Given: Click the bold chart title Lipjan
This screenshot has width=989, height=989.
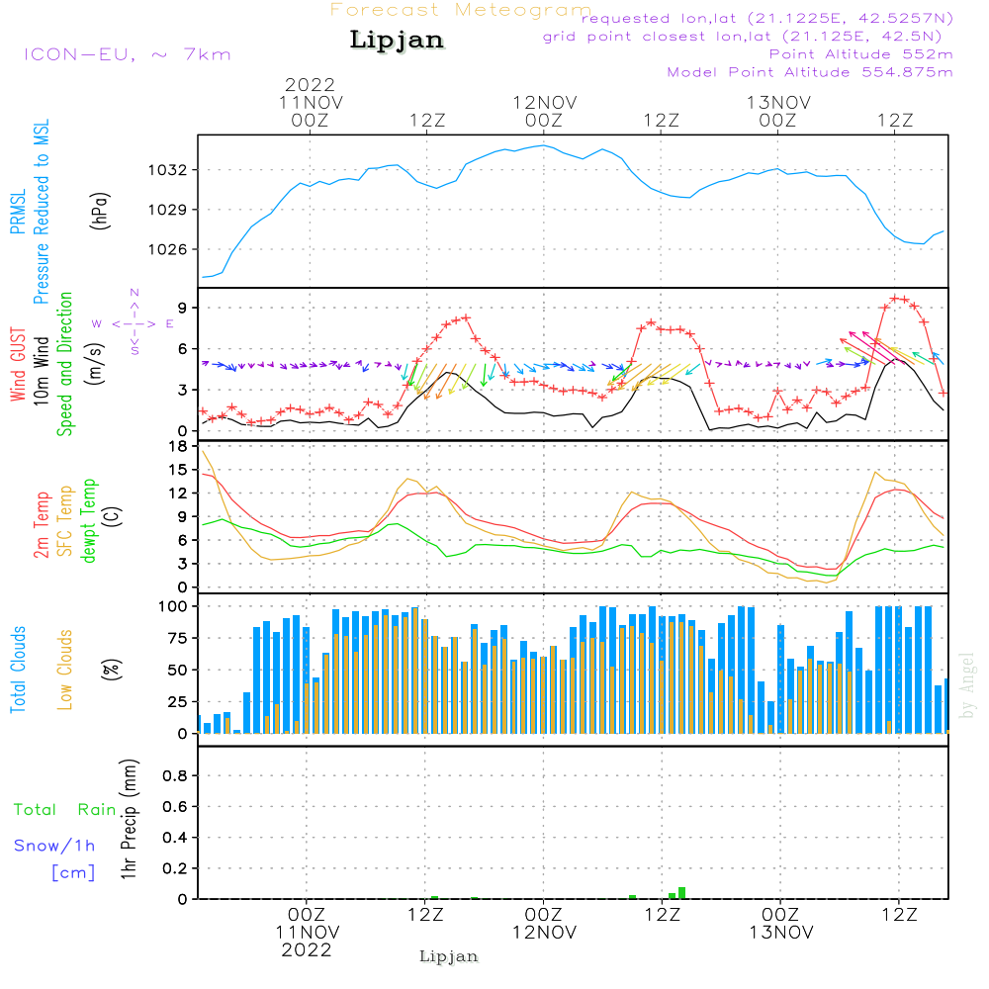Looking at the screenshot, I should pyautogui.click(x=396, y=41).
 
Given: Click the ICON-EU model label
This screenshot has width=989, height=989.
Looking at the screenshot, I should pyautogui.click(x=127, y=54).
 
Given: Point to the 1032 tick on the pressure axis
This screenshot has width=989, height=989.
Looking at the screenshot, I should pyautogui.click(x=169, y=170).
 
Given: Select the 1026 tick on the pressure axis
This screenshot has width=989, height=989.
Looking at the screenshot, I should pyautogui.click(x=169, y=249).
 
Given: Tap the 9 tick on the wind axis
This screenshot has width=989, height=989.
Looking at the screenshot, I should pyautogui.click(x=183, y=309).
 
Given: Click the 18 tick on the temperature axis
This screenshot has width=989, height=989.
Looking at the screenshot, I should pyautogui.click(x=178, y=446).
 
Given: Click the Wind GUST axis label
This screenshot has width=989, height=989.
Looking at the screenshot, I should pyautogui.click(x=18, y=366).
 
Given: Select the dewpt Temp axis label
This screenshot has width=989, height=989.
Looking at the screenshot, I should pyautogui.click(x=89, y=521).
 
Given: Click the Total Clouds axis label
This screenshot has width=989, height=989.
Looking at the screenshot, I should pyautogui.click(x=18, y=670).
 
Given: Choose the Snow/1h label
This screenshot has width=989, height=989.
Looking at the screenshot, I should pyautogui.click(x=54, y=846).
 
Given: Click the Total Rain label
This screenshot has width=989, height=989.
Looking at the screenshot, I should pyautogui.click(x=64, y=810).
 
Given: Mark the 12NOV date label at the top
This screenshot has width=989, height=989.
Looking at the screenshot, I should pyautogui.click(x=544, y=102).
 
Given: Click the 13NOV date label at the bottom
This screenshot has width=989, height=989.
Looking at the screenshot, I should pyautogui.click(x=780, y=933).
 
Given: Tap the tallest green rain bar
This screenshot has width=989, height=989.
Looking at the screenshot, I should pyautogui.click(x=681, y=892).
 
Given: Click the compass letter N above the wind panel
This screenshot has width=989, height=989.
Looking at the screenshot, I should pyautogui.click(x=135, y=292).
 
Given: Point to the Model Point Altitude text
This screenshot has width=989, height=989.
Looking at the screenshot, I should pyautogui.click(x=809, y=72).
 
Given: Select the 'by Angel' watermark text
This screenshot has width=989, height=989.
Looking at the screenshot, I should pyautogui.click(x=967, y=685).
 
